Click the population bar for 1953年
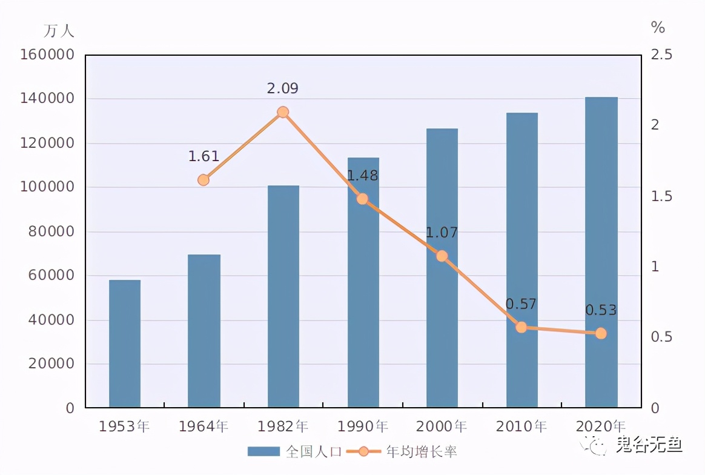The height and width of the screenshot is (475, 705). pyautogui.click(x=125, y=344)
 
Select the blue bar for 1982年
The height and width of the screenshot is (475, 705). pyautogui.click(x=283, y=296)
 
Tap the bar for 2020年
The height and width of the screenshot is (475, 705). pyautogui.click(x=601, y=252)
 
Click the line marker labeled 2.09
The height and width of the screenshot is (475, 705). pyautogui.click(x=283, y=112)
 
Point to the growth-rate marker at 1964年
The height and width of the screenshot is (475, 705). pyautogui.click(x=204, y=180)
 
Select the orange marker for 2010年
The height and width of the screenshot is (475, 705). pyautogui.click(x=521, y=327)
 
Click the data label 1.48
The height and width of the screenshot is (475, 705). pyautogui.click(x=362, y=176)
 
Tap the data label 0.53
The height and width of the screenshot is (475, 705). pyautogui.click(x=601, y=310)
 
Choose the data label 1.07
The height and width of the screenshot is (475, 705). pyautogui.click(x=442, y=233)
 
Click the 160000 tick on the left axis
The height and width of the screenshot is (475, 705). pyautogui.click(x=47, y=55)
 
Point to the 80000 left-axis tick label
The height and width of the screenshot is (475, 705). pyautogui.click(x=51, y=231)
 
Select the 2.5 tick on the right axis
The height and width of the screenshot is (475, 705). pyautogui.click(x=661, y=55)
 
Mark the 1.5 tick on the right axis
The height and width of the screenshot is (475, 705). pyautogui.click(x=661, y=196)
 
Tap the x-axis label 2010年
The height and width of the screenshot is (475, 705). pyautogui.click(x=521, y=427)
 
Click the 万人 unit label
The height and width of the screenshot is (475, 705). pyautogui.click(x=59, y=30)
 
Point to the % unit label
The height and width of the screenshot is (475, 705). pyautogui.click(x=658, y=27)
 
